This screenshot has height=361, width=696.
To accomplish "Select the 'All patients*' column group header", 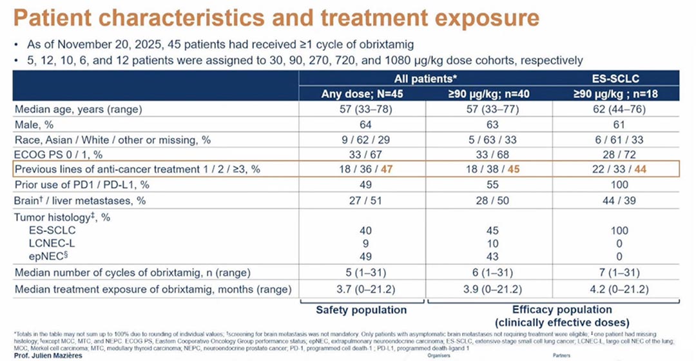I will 425,79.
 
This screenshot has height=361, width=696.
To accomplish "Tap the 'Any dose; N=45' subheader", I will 362,94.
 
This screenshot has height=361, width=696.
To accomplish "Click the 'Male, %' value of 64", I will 362,124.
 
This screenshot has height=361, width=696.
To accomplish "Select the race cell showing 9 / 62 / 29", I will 362,140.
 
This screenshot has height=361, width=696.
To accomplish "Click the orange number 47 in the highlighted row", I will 385,170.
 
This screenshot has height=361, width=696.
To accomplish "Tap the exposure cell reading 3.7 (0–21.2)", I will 362,289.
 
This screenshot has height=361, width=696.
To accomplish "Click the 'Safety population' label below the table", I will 362,310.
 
